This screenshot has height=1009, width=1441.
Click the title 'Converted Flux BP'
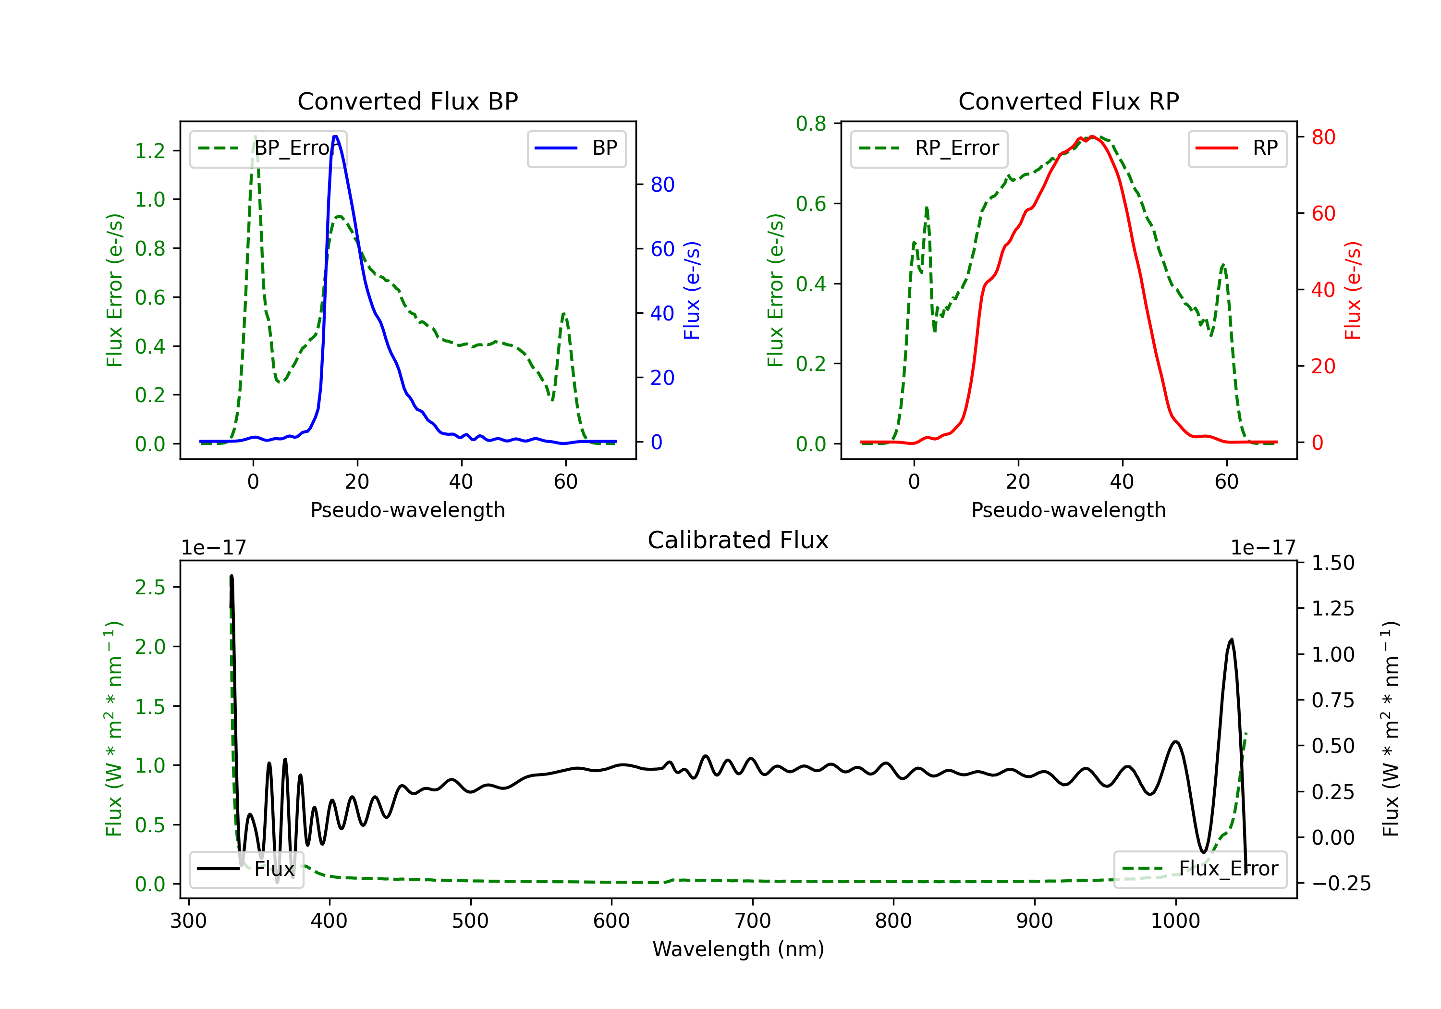coord(408,101)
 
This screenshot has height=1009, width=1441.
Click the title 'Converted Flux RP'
coord(1069,101)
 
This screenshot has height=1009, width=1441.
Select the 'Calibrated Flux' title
coord(738,540)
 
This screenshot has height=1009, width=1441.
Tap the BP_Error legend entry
coord(269,148)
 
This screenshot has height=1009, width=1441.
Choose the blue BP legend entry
coord(576,148)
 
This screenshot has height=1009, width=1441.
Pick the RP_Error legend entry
coord(929,148)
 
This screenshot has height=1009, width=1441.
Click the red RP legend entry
coord(1237,148)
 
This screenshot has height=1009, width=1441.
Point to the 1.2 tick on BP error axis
coord(150,151)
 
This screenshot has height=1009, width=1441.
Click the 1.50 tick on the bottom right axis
coord(1333,563)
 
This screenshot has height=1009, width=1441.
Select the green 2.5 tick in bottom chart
coord(150,587)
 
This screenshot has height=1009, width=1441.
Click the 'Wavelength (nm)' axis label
coord(738,949)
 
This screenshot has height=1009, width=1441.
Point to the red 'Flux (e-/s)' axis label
coord(1353,290)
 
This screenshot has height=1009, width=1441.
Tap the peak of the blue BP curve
coord(335,136)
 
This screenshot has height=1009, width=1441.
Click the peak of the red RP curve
coord(1092,137)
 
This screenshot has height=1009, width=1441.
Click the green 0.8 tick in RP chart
coord(811,123)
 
